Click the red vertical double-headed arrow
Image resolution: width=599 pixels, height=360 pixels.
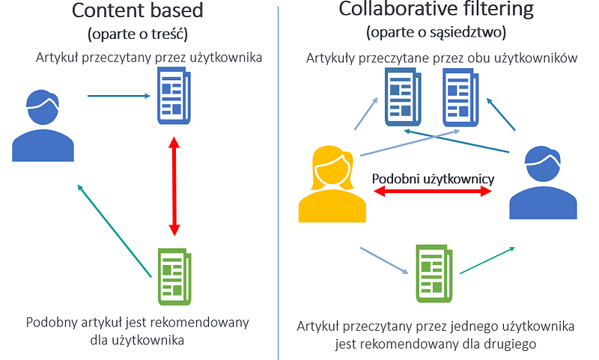174,185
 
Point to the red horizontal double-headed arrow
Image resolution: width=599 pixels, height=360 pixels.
433,192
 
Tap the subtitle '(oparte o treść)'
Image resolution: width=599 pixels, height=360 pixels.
136,34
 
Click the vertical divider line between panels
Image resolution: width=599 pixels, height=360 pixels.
278,180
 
